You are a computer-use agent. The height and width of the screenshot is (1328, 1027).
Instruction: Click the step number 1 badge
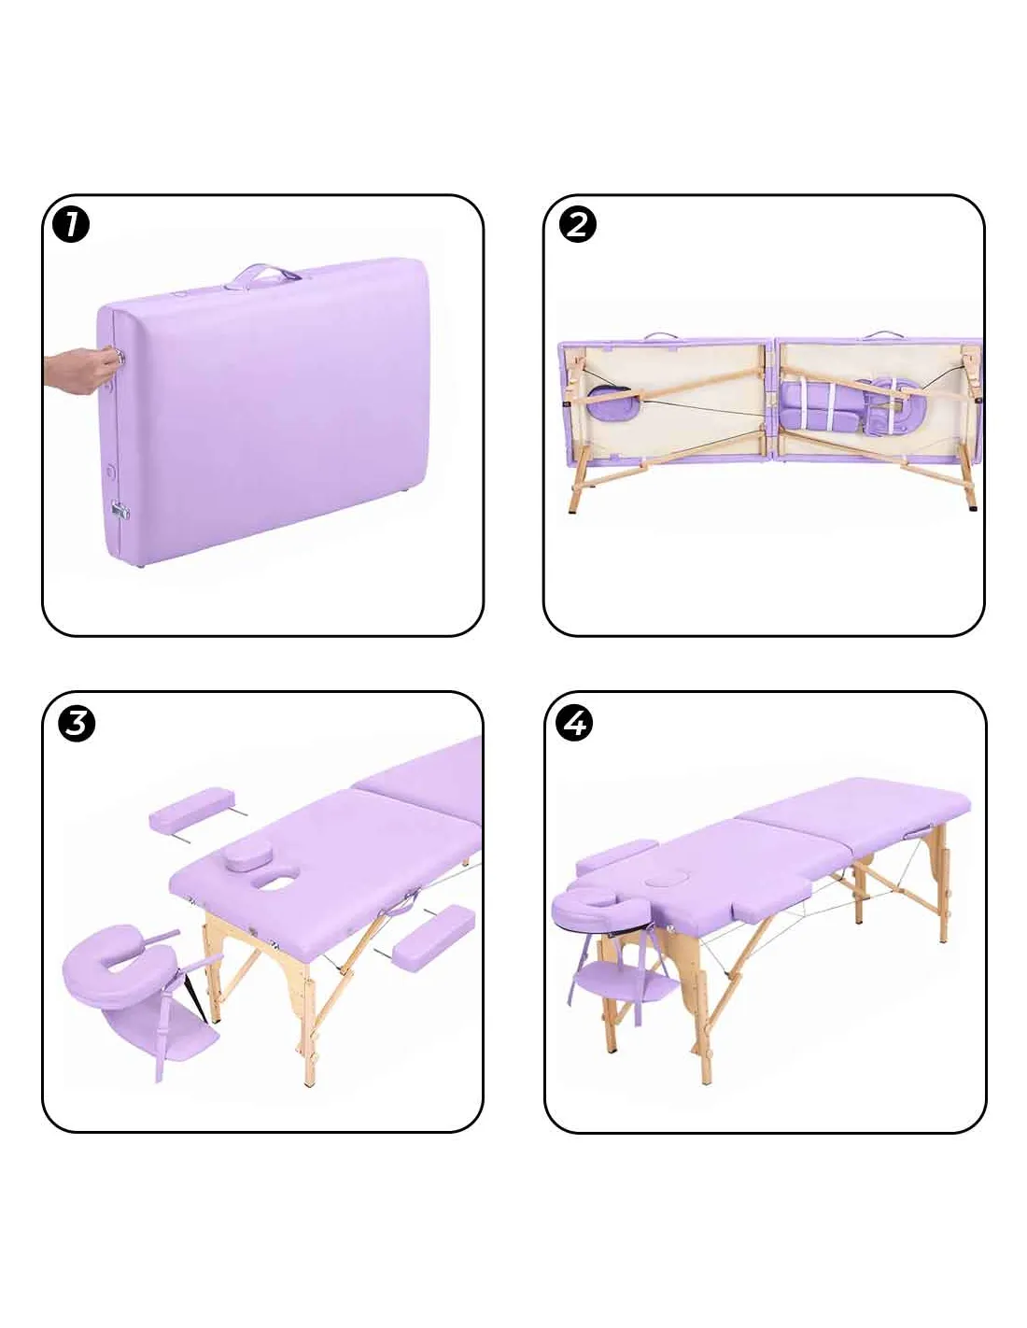(71, 225)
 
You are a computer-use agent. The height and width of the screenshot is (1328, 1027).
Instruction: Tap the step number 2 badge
(577, 225)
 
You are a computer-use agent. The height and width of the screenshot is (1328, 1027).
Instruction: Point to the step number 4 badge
(575, 724)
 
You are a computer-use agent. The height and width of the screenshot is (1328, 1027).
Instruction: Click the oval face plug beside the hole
(246, 855)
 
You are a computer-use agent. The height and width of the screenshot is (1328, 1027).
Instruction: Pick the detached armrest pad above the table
(190, 809)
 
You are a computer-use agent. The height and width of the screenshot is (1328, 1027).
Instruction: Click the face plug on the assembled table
(661, 881)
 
